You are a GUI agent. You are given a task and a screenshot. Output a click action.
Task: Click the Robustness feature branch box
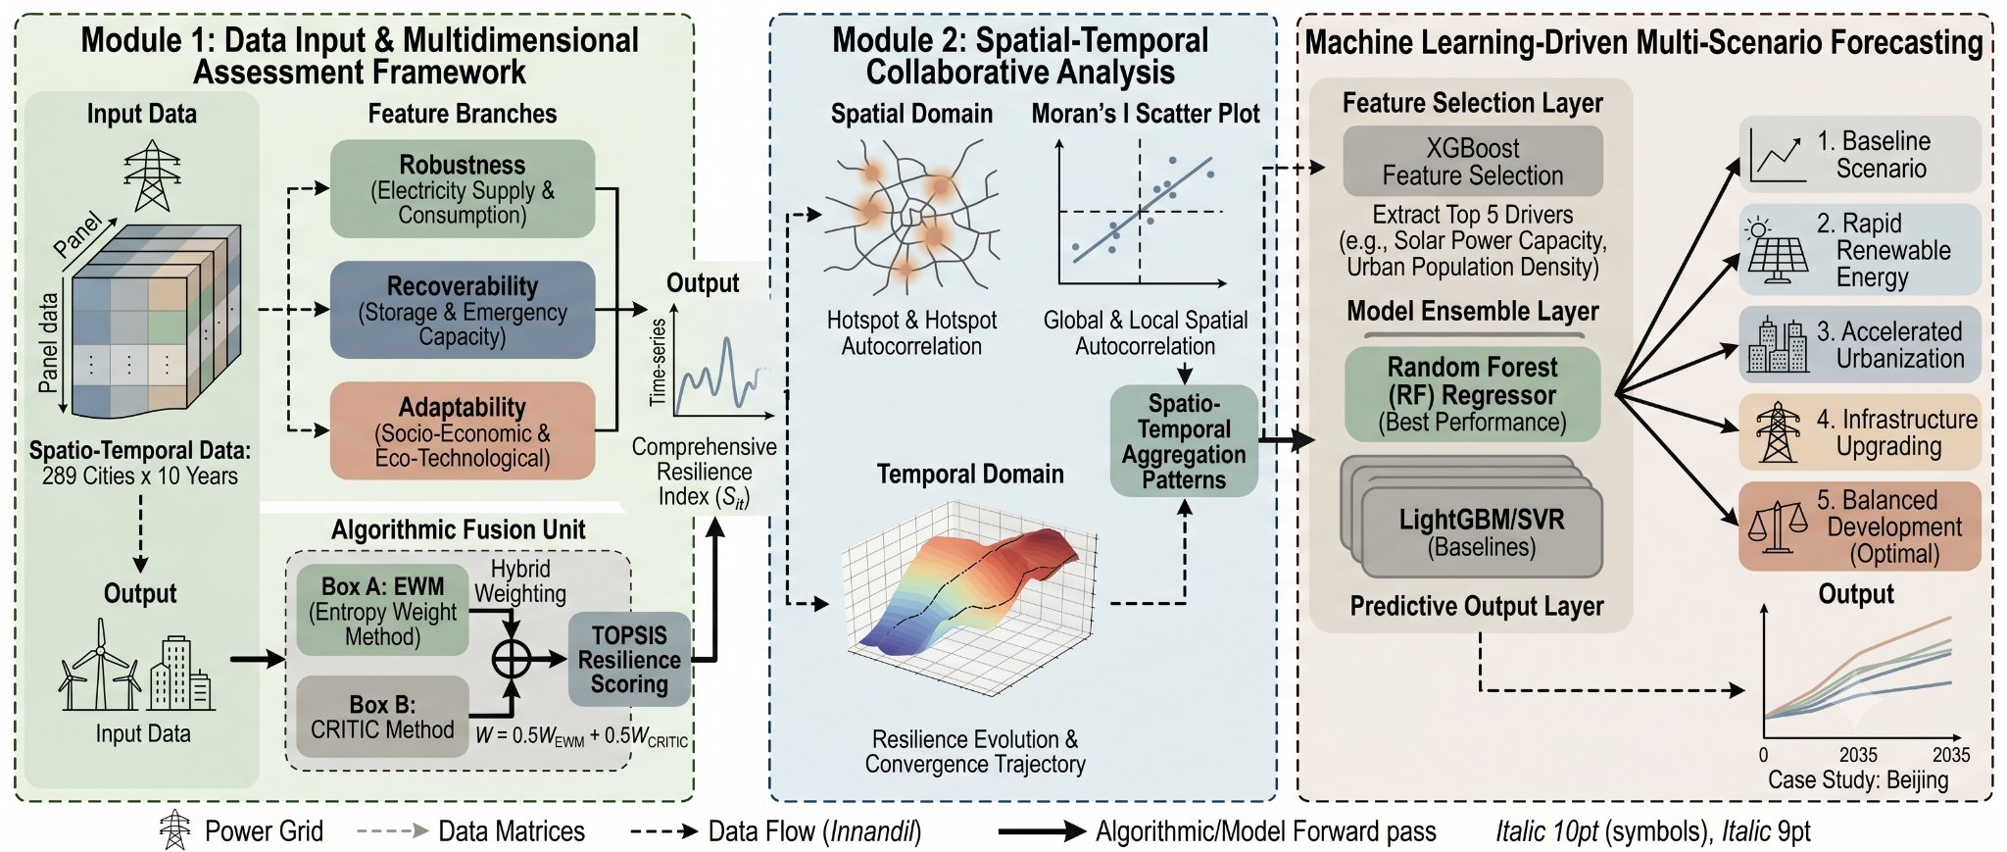pos(463,188)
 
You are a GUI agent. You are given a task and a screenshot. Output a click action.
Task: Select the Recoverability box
pos(463,310)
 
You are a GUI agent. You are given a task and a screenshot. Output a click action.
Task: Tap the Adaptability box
pos(463,430)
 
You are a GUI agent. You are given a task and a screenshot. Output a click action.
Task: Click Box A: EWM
pos(382,611)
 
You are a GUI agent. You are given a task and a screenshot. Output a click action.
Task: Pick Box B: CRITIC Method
pos(382,717)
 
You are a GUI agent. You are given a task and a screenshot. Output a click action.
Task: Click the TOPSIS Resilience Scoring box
pos(629,660)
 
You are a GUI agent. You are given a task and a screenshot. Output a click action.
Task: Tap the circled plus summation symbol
pos(511,659)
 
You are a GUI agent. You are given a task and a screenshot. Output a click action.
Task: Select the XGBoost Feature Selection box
pos(1473,161)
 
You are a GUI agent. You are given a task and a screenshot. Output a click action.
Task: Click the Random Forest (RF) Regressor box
pos(1472,394)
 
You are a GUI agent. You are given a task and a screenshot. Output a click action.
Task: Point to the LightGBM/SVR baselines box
pos(1481,531)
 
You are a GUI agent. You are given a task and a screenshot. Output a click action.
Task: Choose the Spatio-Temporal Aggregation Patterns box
pos(1184,441)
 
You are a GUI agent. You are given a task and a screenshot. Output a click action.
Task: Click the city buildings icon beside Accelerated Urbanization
pos(1778,345)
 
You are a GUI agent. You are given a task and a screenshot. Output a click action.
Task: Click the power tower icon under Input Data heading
pos(152,175)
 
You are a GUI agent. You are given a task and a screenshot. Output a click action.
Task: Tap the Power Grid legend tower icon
pos(175,829)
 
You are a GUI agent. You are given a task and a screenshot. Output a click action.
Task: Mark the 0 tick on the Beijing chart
pos(1764,755)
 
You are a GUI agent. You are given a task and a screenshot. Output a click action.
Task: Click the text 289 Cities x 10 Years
pos(140,476)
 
